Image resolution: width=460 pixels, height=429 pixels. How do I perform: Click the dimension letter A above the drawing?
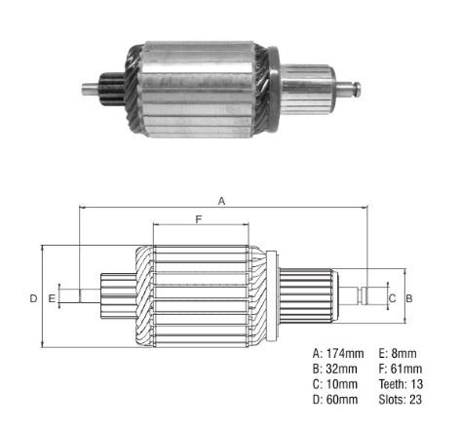point(221,201)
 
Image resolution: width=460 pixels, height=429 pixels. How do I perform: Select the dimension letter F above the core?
point(199,219)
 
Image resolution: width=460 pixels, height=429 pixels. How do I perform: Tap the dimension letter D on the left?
point(33,298)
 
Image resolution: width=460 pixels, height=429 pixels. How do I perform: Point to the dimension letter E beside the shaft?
point(52,298)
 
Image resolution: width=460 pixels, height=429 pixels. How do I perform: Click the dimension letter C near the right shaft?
point(392,298)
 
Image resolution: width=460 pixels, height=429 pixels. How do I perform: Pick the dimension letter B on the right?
point(409,298)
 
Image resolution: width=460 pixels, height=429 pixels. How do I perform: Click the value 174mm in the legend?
point(345,353)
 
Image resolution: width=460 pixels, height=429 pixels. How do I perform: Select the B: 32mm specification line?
point(334,369)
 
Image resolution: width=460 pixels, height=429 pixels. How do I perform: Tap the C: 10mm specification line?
point(335,384)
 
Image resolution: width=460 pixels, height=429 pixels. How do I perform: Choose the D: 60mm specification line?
point(335,400)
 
